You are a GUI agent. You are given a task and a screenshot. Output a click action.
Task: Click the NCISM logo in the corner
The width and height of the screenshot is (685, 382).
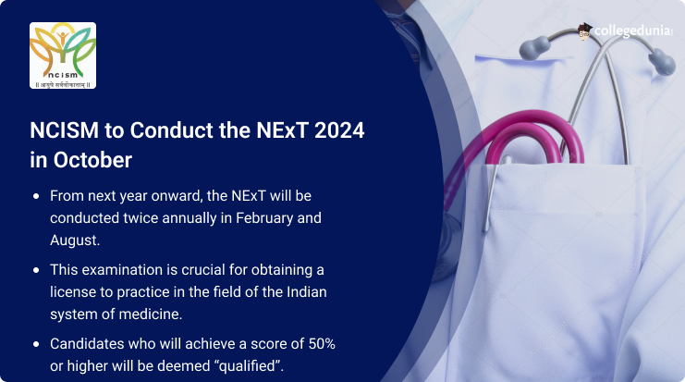coord(63,55)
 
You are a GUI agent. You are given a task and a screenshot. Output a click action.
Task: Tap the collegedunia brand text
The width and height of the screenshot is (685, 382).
coord(632,31)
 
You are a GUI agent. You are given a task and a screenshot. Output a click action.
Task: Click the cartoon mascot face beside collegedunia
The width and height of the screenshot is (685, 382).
coord(584,31)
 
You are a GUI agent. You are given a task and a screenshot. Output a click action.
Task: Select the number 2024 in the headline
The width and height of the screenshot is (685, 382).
coord(339,130)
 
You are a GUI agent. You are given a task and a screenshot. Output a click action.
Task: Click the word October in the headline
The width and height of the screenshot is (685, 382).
coord(92,160)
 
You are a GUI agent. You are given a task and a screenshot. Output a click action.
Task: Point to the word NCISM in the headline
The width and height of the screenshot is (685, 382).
coord(64,130)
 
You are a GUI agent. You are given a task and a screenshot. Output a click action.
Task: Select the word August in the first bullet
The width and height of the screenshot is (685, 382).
coord(75,240)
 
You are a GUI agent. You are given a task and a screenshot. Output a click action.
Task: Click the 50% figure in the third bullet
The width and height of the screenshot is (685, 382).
coord(322,344)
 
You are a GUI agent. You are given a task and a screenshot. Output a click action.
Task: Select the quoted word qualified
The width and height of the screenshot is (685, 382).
coord(250,366)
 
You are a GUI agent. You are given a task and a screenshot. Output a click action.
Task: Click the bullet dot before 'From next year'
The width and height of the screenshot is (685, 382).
coord(36,196)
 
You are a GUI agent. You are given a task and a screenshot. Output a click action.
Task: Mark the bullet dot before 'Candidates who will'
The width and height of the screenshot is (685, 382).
coord(36,344)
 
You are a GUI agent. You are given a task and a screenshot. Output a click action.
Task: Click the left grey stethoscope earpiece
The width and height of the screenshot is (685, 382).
coord(534,48)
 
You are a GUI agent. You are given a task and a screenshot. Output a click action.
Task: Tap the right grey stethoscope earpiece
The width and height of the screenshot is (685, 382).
coord(662,62)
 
